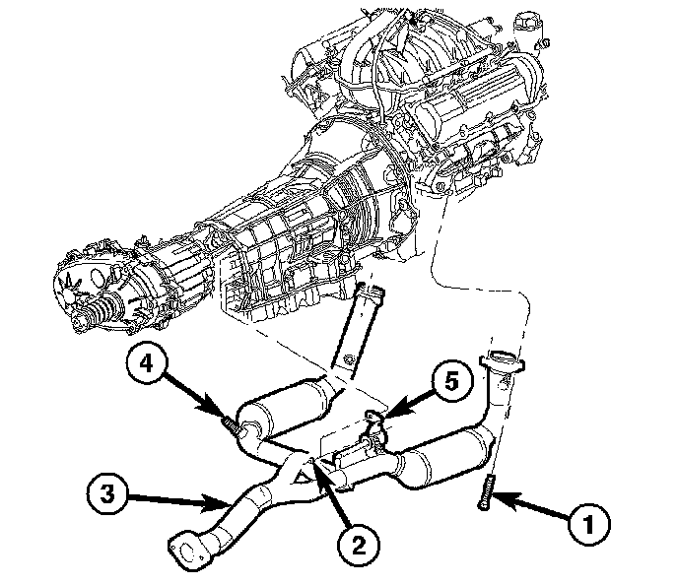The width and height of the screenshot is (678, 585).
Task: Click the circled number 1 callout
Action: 588,524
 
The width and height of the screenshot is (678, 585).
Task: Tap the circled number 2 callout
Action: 358,546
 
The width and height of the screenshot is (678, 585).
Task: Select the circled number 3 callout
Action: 106,493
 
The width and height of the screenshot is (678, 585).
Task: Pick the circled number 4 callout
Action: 147,363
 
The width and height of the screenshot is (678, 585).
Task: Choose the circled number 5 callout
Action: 452,382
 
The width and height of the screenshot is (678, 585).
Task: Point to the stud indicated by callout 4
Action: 232,424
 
